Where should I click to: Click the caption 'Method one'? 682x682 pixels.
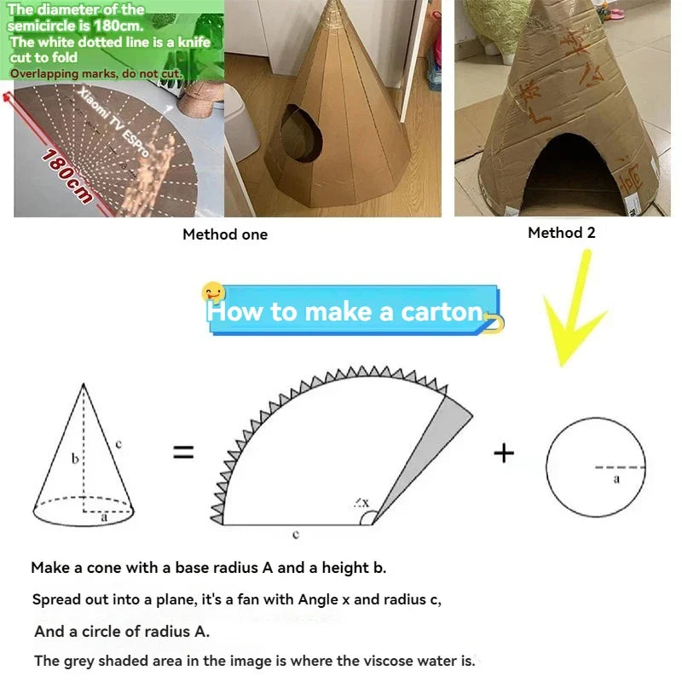[x=225, y=234]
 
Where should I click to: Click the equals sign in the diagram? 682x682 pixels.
[x=183, y=453]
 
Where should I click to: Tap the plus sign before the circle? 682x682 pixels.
[x=504, y=453]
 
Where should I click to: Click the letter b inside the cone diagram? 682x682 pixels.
[x=74, y=459]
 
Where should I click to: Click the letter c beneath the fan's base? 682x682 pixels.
[x=295, y=535]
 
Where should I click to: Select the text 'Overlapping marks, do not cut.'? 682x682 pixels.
[x=95, y=73]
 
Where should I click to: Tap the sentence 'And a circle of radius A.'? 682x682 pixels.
[x=122, y=632]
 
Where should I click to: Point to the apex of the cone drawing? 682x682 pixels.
[x=84, y=384]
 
